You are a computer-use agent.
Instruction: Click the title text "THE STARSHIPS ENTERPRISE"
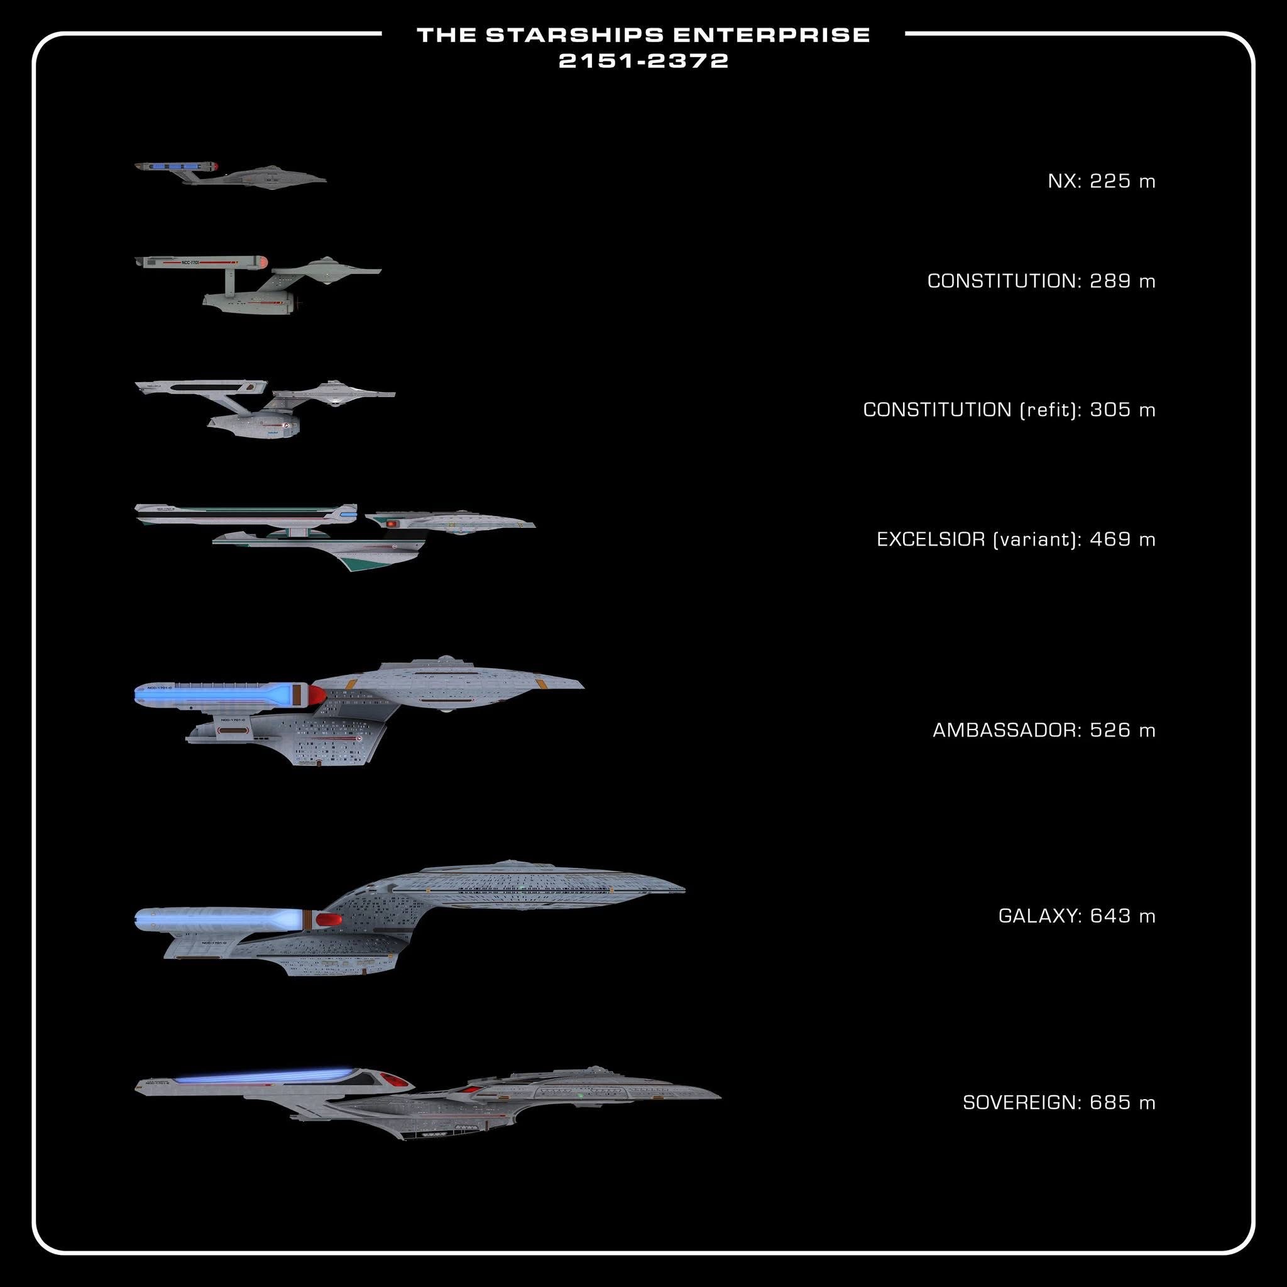(x=643, y=35)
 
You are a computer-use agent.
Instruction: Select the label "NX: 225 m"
(x=1101, y=181)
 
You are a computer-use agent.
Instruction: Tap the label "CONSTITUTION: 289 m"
(x=1041, y=281)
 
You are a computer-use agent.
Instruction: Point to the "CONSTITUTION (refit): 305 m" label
(x=1009, y=410)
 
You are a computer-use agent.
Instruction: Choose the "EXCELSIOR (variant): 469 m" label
(x=1016, y=539)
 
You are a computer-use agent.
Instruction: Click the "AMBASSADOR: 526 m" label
(x=1043, y=730)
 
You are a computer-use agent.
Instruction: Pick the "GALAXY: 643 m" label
(x=1076, y=916)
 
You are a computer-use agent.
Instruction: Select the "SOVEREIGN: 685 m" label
(x=1058, y=1102)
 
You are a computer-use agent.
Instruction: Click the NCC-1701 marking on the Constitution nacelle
(x=190, y=263)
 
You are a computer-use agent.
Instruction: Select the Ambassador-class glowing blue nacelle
(x=213, y=695)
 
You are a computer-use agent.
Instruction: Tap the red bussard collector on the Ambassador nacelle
(x=317, y=696)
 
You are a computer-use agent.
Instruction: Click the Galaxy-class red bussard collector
(x=329, y=920)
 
